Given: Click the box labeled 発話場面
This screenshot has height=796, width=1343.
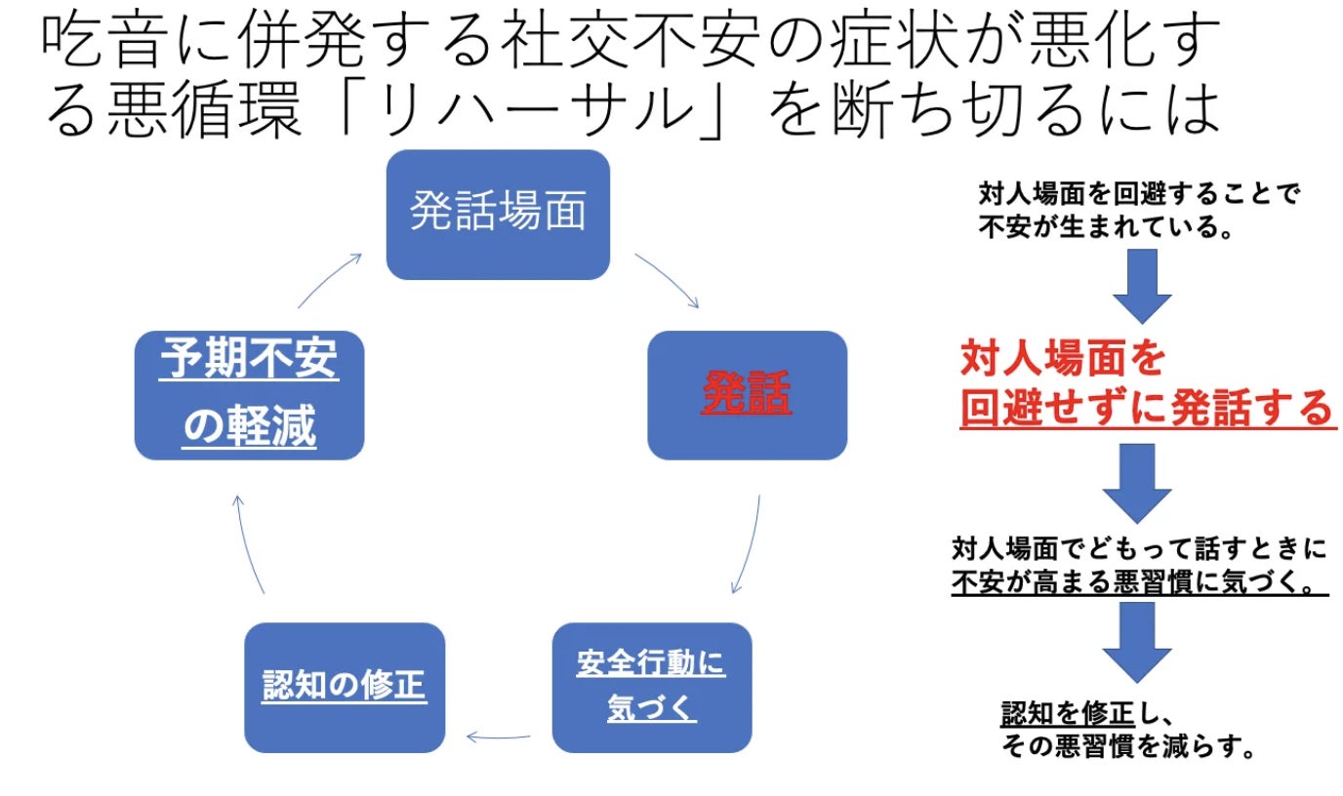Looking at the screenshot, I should (x=498, y=214).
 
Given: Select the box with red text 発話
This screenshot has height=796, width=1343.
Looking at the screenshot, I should (x=747, y=394).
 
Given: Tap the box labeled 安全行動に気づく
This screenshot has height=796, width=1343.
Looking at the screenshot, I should (x=652, y=687).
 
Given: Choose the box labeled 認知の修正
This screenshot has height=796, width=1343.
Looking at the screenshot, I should (x=344, y=687).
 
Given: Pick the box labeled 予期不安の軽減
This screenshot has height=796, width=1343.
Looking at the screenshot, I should (x=249, y=394).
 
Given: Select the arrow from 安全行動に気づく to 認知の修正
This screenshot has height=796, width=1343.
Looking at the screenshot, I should (x=499, y=736).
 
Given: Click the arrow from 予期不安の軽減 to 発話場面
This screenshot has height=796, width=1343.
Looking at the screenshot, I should (x=329, y=281).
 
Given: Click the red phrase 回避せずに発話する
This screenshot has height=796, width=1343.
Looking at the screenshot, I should (x=1146, y=409).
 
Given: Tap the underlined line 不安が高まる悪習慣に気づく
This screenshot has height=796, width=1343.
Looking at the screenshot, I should (x=1140, y=583).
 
